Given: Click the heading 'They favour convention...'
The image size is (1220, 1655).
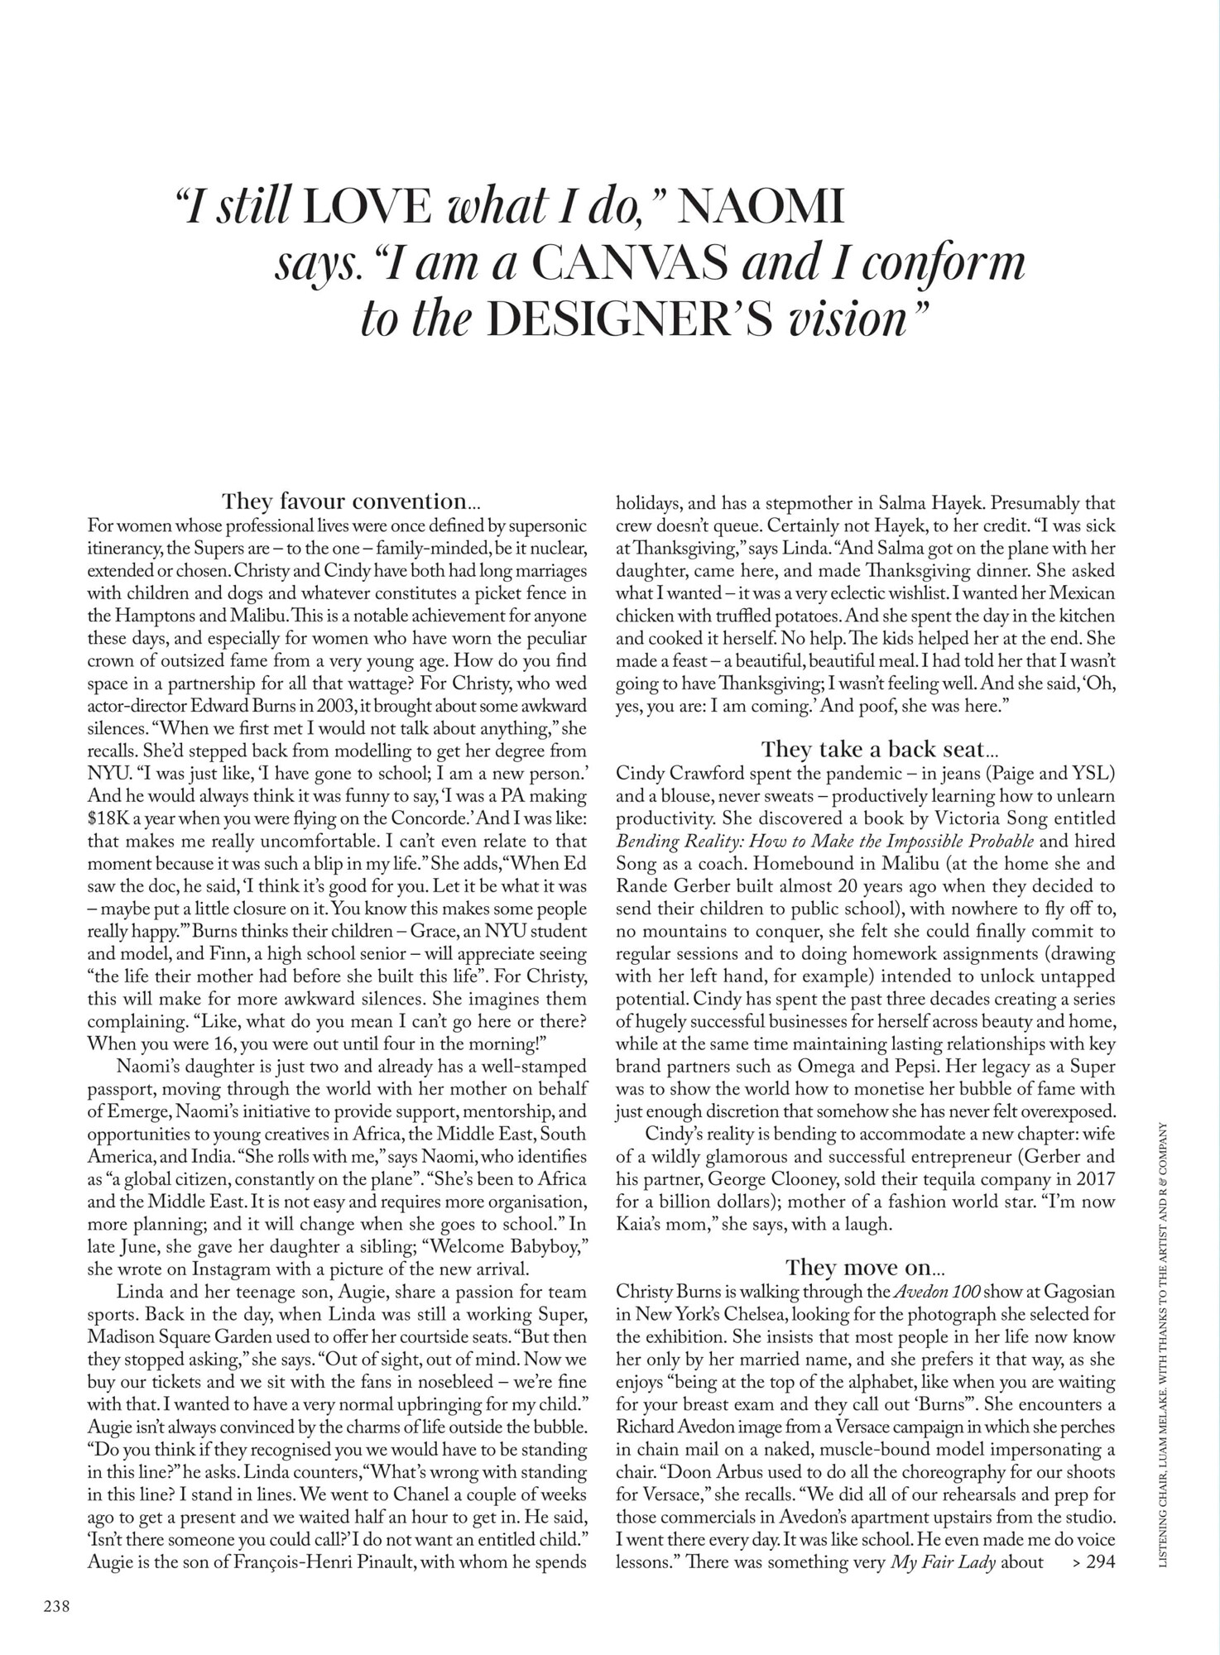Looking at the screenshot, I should tap(350, 501).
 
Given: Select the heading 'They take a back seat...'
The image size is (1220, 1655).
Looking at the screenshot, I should tap(880, 750).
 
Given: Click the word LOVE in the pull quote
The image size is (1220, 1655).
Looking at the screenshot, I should tap(367, 207).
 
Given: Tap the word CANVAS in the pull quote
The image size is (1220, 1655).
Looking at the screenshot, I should tap(631, 262).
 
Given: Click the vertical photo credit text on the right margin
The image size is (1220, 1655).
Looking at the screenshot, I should tap(1165, 1341).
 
